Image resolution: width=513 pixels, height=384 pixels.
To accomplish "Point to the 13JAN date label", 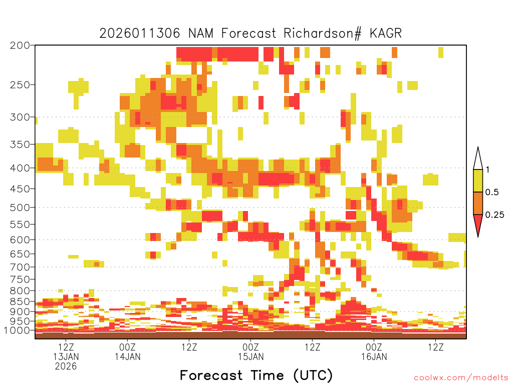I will click(x=67, y=356).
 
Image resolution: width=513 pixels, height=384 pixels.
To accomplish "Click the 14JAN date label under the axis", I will click(x=128, y=356).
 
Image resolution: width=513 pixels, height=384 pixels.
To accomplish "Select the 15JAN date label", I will click(x=250, y=356).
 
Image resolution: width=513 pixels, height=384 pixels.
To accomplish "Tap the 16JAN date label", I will click(x=374, y=356).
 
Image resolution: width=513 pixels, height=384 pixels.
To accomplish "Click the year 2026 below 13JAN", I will click(x=67, y=366).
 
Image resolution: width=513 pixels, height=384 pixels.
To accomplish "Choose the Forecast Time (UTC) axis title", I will click(x=256, y=375).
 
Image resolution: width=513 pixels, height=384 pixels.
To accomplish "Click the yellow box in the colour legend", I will click(x=478, y=181).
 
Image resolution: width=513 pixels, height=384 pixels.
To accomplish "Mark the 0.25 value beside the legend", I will click(x=494, y=215).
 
